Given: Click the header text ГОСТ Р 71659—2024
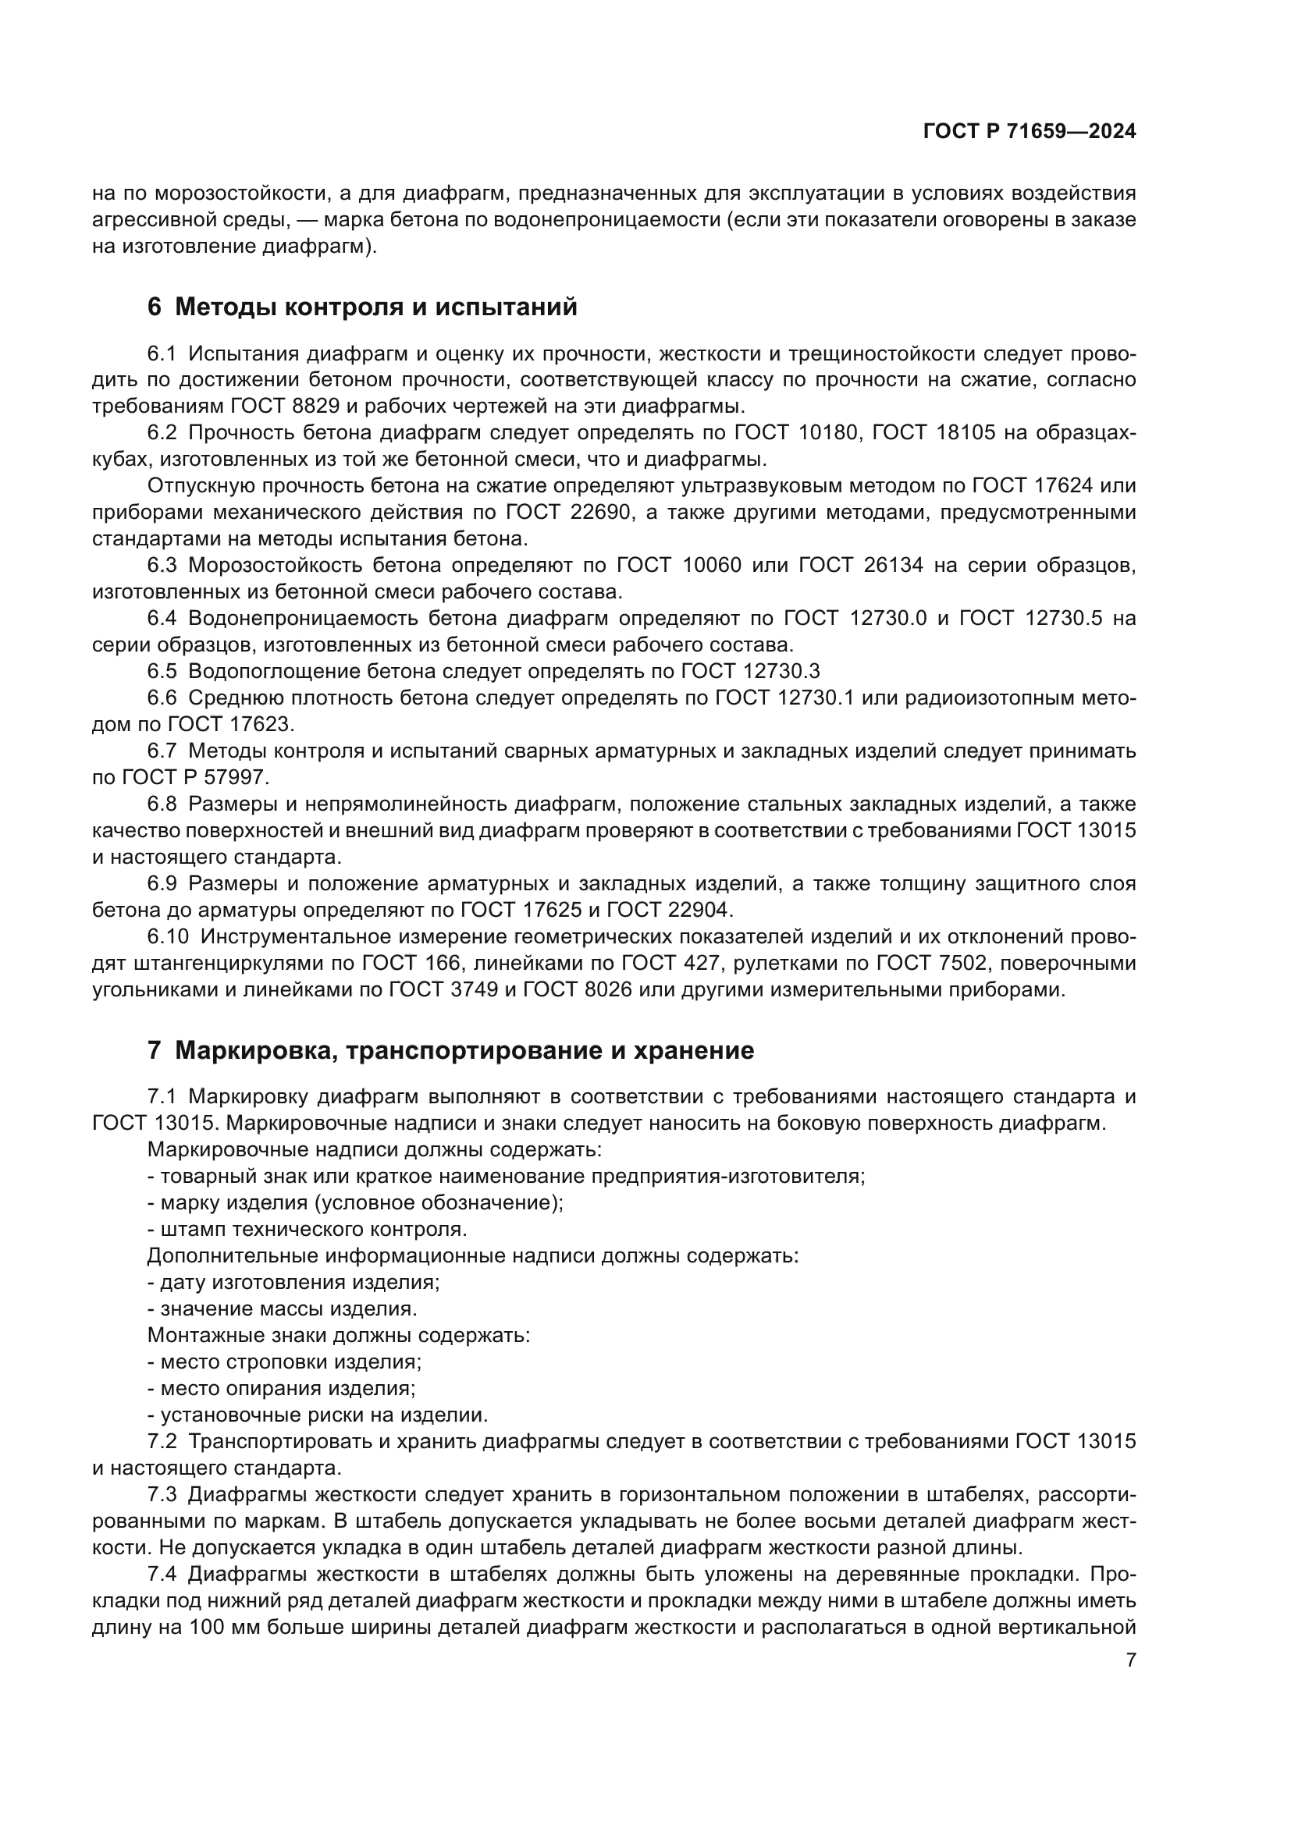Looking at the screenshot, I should tap(1029, 132).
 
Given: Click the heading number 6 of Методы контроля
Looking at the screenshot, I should tap(155, 307).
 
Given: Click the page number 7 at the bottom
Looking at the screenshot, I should tap(1131, 1660).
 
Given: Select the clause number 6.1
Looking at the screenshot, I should tap(162, 353).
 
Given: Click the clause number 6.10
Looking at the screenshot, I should tap(167, 937).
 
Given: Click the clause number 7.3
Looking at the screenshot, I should tap(162, 1494).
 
